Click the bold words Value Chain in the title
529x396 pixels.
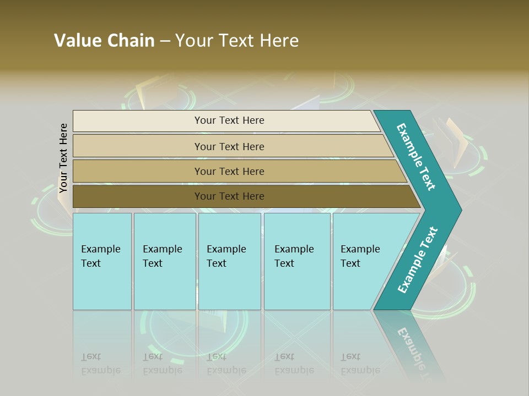pos(104,41)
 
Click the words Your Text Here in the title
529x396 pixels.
pos(237,41)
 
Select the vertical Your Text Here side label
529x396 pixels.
pos(63,158)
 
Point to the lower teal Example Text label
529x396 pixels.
pos(418,260)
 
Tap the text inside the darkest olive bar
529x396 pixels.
pos(229,196)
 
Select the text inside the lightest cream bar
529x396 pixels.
pos(229,120)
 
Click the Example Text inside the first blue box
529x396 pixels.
pos(100,256)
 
